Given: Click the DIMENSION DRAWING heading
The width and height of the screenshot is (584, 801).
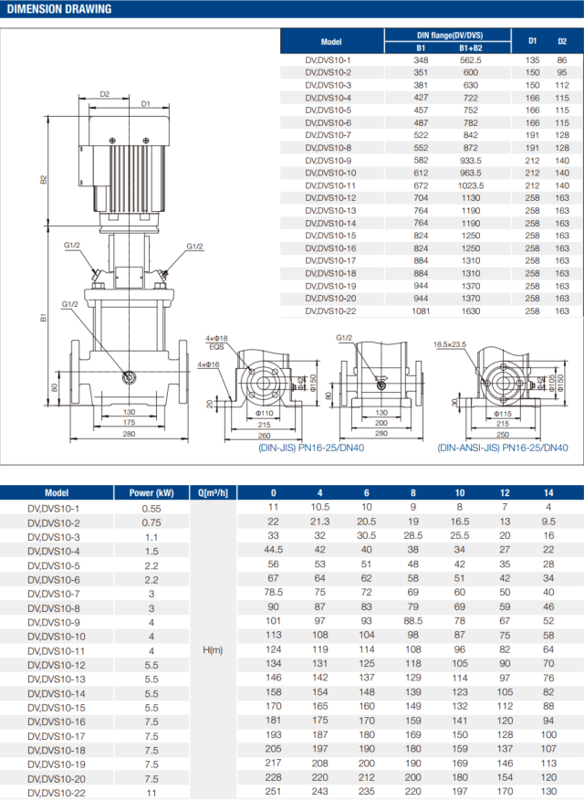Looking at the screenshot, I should click(59, 9).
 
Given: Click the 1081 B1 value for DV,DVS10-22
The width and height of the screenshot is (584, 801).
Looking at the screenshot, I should click(421, 311).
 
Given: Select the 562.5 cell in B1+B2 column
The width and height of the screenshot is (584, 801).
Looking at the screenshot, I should click(471, 59).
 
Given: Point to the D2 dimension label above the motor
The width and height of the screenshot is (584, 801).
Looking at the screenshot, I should click(105, 94).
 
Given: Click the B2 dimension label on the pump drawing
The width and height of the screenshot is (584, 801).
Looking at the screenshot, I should click(44, 180).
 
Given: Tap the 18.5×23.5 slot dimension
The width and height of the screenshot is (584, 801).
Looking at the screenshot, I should click(448, 344).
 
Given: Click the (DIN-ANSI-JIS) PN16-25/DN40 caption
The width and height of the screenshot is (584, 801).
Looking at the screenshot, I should click(502, 448).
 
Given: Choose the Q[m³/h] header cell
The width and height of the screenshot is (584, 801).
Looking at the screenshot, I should click(212, 492).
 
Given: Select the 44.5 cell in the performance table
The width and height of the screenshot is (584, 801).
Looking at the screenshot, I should click(272, 550).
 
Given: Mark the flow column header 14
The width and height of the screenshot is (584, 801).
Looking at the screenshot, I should click(548, 492).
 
